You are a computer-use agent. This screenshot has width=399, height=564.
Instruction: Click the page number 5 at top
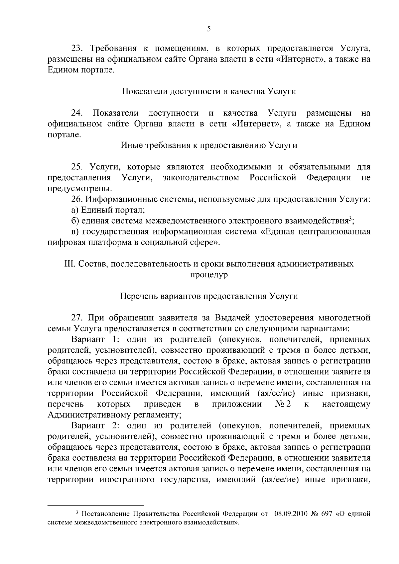click(209, 29)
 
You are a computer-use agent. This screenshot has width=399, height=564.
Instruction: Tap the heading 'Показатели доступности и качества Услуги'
click(209, 91)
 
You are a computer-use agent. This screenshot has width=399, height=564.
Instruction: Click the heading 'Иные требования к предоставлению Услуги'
click(209, 145)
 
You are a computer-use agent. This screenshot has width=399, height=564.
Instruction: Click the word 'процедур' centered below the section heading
click(209, 275)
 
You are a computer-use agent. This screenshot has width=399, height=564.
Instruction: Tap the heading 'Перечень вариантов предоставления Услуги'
click(209, 296)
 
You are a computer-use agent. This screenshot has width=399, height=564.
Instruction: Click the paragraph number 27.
click(77, 318)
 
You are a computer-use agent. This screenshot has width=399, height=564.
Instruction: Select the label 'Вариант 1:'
click(88, 339)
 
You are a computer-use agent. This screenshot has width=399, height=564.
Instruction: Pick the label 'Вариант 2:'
click(88, 425)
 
